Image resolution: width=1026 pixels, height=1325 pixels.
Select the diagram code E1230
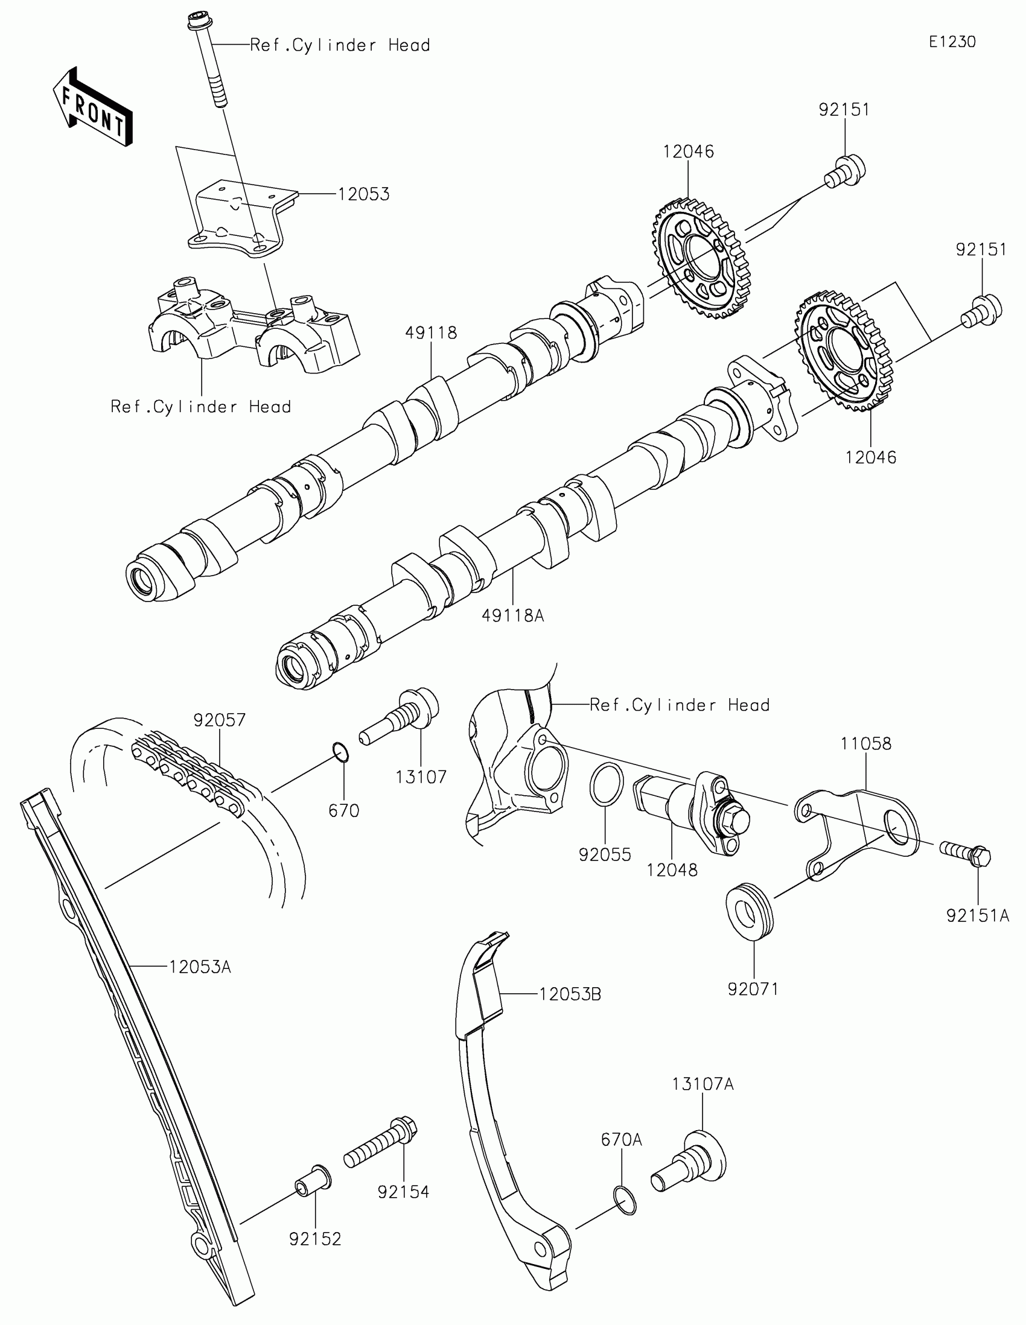tap(952, 42)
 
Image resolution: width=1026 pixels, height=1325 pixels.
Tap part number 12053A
tap(200, 967)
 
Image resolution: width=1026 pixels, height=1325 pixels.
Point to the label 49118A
tap(512, 616)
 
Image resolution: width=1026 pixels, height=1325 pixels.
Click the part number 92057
tap(219, 720)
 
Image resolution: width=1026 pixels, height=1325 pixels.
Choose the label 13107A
tap(703, 1084)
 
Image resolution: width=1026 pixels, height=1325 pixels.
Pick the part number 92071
tap(753, 989)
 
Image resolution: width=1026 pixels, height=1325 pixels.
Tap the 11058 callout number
tap(866, 743)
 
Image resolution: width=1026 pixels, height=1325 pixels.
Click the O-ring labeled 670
tap(342, 752)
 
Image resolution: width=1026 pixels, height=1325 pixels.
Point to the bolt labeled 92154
tap(380, 1143)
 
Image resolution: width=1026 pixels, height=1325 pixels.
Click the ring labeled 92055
tap(606, 785)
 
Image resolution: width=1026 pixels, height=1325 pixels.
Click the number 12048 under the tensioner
tap(672, 870)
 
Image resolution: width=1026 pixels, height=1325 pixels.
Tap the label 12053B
tap(570, 994)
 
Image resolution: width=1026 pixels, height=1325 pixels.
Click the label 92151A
tap(978, 916)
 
